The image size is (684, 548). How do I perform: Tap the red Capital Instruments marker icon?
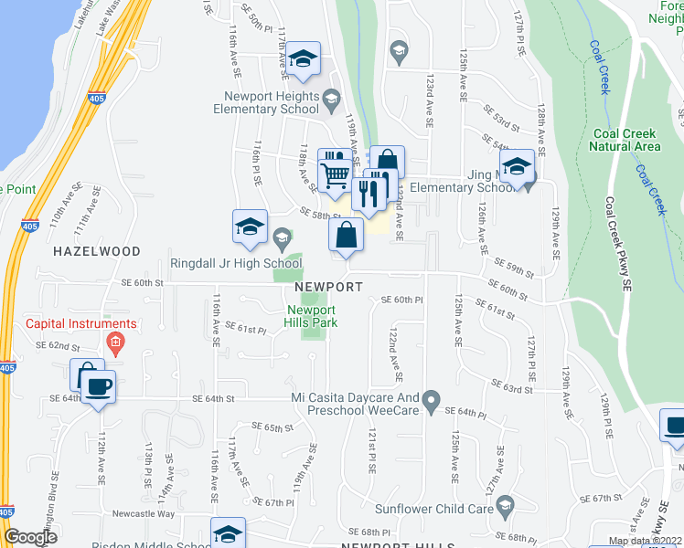tap(114, 344)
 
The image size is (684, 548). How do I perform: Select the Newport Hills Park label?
tap(307, 316)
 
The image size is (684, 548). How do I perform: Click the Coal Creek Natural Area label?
tap(625, 140)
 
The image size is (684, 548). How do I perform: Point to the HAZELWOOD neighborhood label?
tap(96, 251)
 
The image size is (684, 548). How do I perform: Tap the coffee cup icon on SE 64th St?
tap(98, 386)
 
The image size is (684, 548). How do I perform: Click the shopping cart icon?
tap(336, 174)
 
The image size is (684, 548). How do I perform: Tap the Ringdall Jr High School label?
tap(236, 264)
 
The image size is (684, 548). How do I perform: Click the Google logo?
tap(30, 538)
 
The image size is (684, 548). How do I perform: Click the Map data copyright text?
tap(644, 541)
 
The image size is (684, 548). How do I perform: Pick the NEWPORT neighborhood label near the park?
tap(329, 287)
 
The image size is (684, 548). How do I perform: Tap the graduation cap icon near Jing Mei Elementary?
tap(517, 165)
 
